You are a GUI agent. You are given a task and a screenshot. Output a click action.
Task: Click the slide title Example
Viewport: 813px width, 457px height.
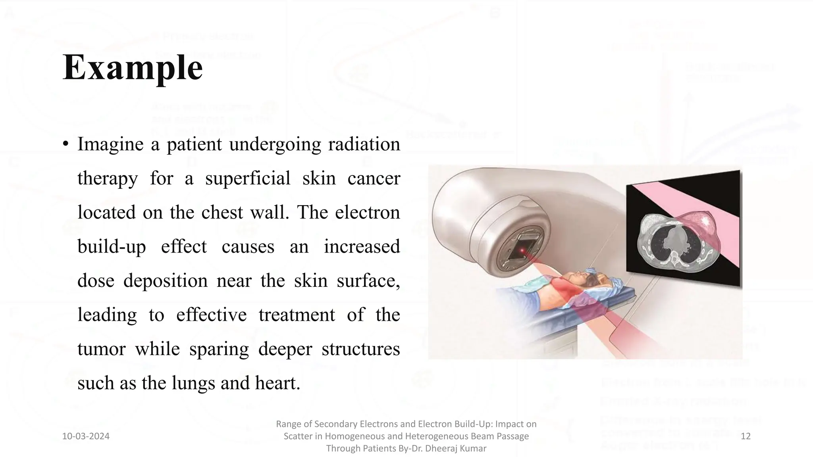click(133, 67)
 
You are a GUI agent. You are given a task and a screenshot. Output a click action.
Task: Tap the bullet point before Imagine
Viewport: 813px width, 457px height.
click(66, 144)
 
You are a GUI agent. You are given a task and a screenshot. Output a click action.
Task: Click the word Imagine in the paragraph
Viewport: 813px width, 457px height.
click(110, 144)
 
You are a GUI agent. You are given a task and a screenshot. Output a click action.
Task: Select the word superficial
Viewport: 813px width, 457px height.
click(248, 178)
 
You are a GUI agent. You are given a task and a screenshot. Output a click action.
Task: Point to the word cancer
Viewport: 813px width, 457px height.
click(374, 178)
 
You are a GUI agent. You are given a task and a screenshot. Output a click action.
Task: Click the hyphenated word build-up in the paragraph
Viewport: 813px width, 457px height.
click(112, 246)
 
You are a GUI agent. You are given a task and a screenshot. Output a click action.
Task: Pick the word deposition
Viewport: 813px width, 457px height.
click(165, 280)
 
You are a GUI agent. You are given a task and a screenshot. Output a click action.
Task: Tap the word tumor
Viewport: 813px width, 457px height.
click(101, 349)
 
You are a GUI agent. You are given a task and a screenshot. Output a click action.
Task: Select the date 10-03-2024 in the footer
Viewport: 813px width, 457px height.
click(86, 436)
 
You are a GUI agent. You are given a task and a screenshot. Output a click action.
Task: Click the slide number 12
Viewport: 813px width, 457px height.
click(746, 436)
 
